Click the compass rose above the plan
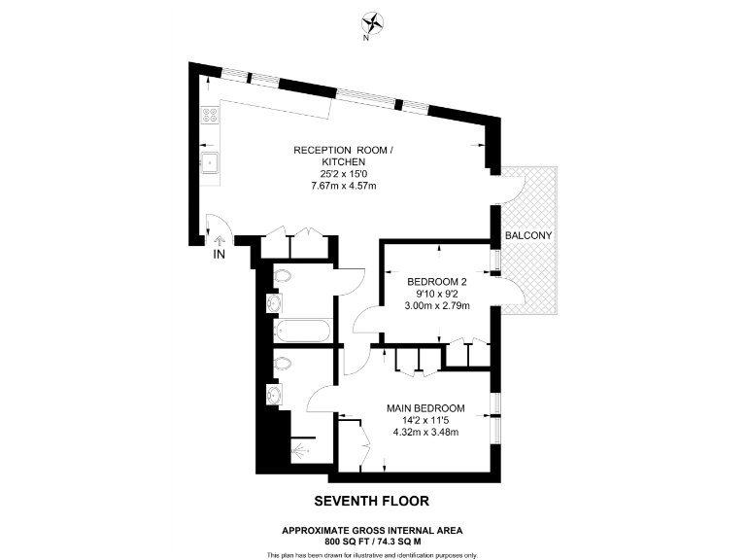[373, 22]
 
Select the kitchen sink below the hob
[208, 161]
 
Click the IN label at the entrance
[220, 255]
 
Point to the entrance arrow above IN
[220, 238]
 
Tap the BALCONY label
[529, 236]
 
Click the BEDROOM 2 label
[437, 283]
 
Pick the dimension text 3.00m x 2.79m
[437, 305]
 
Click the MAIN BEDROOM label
[425, 408]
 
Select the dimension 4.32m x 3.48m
[425, 433]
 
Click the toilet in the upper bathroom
[283, 278]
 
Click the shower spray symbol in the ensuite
[299, 449]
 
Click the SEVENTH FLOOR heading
[372, 502]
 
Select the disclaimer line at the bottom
[372, 554]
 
